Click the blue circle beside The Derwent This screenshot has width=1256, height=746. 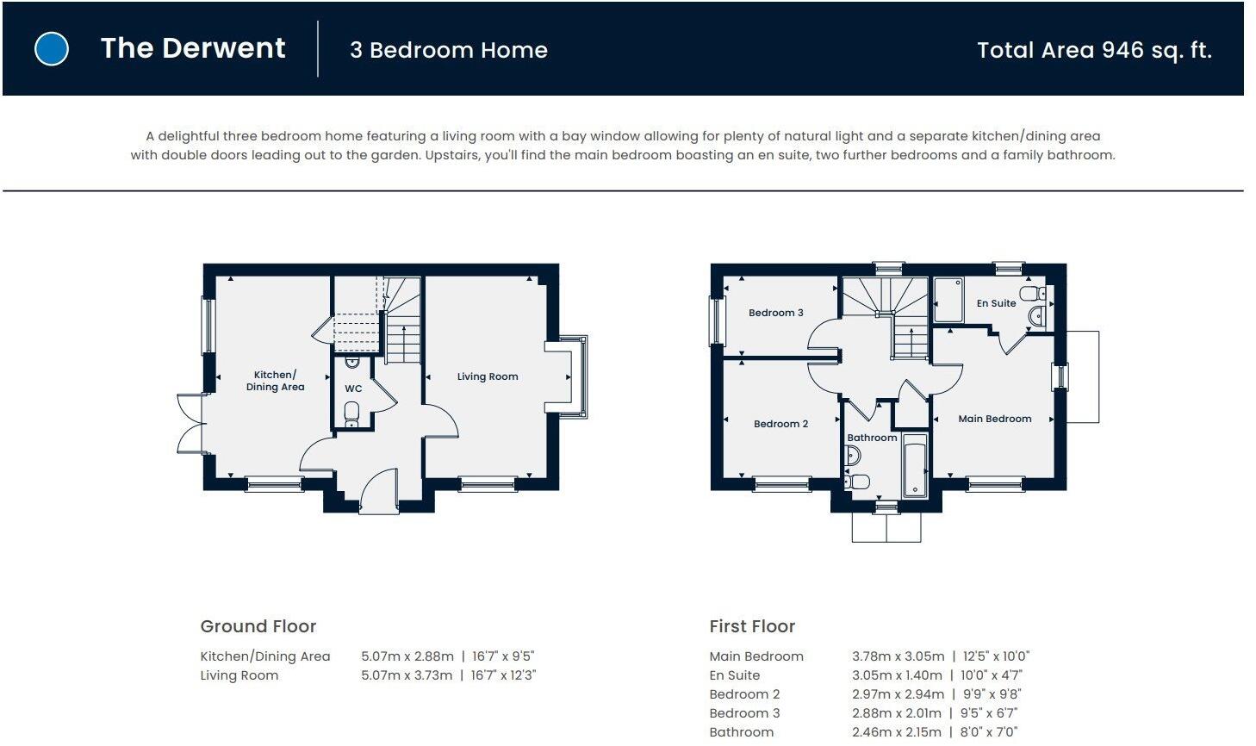(52, 49)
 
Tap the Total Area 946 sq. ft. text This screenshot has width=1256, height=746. (1094, 50)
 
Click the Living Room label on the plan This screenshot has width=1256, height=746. (488, 376)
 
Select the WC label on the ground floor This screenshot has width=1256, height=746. (353, 389)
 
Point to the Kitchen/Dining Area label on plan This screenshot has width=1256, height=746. (275, 381)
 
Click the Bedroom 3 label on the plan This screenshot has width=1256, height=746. (775, 313)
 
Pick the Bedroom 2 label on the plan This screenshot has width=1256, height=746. (780, 424)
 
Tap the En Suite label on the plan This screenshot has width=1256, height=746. (996, 303)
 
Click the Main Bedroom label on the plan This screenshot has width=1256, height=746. (994, 419)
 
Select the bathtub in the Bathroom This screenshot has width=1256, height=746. (914, 465)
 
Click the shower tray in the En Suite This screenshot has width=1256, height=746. (948, 299)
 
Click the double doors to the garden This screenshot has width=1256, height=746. (191, 423)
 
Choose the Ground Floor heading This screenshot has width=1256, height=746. (258, 626)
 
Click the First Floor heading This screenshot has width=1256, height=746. (752, 626)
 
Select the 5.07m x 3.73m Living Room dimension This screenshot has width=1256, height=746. (407, 675)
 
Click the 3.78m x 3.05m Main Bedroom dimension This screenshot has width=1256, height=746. (898, 656)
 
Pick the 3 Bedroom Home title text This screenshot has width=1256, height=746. (448, 50)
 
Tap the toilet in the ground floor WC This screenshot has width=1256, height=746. (351, 416)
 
